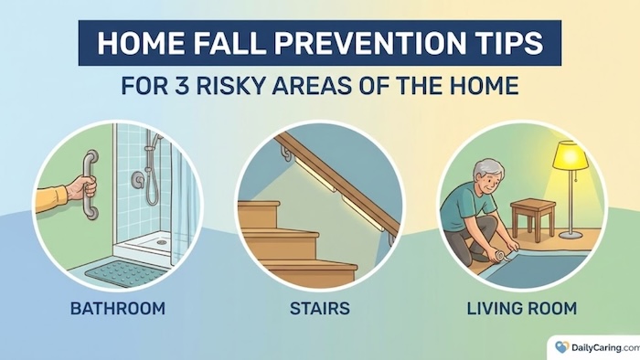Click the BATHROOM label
[x=118, y=309]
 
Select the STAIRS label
[x=320, y=309]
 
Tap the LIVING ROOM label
[x=522, y=309]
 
